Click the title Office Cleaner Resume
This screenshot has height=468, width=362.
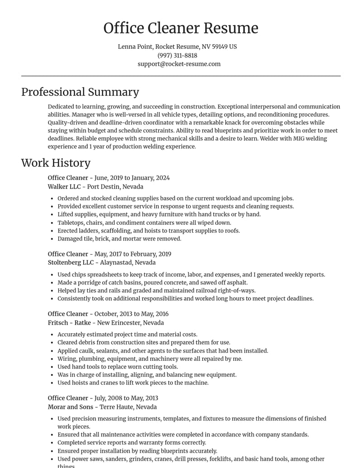click(181, 28)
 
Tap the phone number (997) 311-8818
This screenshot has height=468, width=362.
click(177, 55)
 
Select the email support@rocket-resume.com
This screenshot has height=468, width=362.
click(179, 64)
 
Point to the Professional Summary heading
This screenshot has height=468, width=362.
click(80, 92)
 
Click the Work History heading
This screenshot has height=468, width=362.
click(56, 163)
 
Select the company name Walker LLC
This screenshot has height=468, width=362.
click(64, 186)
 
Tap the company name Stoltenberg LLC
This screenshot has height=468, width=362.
click(71, 262)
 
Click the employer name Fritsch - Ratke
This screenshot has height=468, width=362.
click(69, 322)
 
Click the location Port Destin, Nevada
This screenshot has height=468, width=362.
click(115, 186)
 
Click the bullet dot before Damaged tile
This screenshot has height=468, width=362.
click(52, 239)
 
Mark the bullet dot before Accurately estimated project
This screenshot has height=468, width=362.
click(52, 335)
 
